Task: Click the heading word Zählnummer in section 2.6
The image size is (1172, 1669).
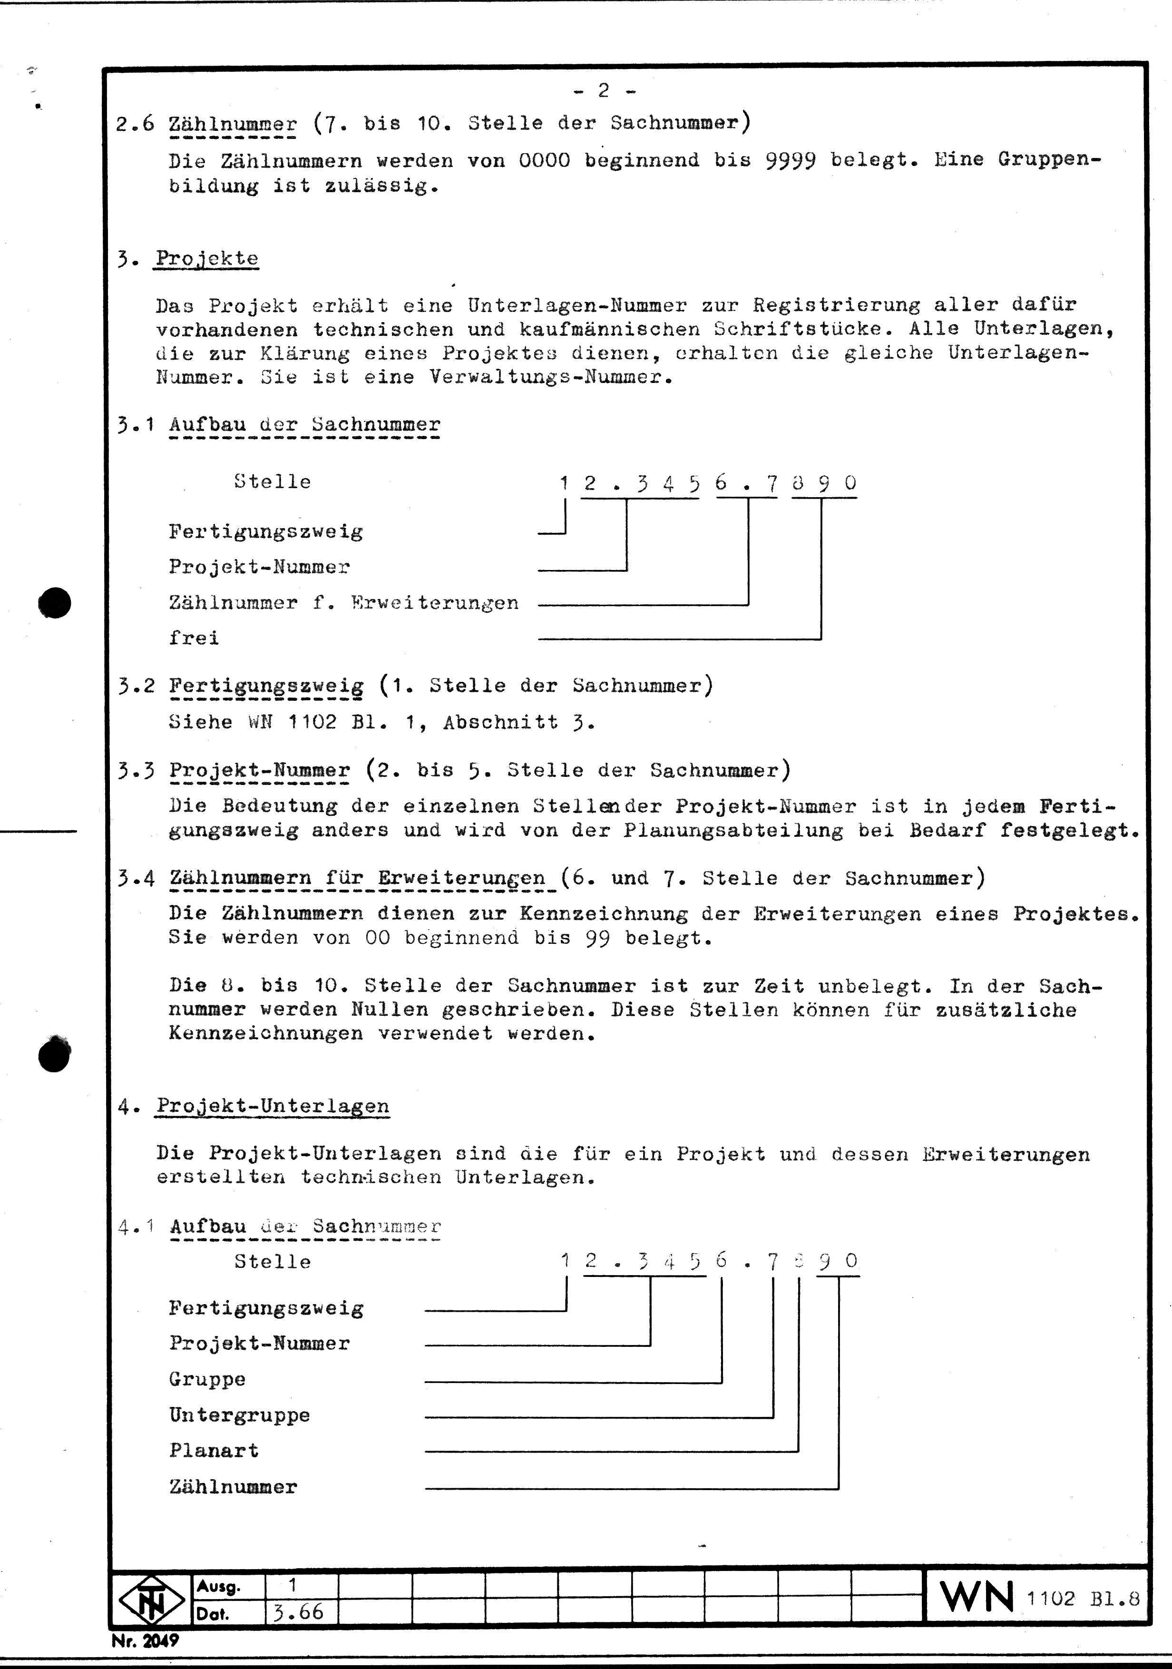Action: pyautogui.click(x=233, y=124)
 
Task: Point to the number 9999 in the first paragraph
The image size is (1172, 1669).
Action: pyautogui.click(x=790, y=160)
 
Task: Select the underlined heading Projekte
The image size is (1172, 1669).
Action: pyautogui.click(x=207, y=259)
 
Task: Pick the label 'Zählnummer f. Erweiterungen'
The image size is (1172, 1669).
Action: pyautogui.click(x=344, y=603)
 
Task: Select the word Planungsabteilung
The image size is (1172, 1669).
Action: pyautogui.click(x=733, y=830)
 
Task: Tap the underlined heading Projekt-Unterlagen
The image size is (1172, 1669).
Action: pyautogui.click(x=273, y=1106)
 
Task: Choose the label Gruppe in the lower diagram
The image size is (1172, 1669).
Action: pyautogui.click(x=207, y=1379)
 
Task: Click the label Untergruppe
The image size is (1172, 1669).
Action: pyautogui.click(x=240, y=1414)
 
